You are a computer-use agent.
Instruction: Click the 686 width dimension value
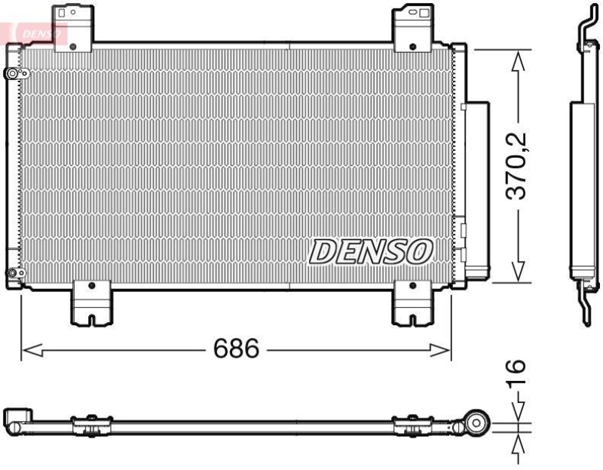click(x=236, y=349)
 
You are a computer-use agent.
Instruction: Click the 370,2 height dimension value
click(x=516, y=164)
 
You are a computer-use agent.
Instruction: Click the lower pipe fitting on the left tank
click(x=12, y=273)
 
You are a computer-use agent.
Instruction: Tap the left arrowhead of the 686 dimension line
click(x=28, y=349)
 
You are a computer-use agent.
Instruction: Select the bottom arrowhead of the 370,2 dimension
click(x=518, y=272)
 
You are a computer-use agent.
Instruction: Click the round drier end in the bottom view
click(x=477, y=423)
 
